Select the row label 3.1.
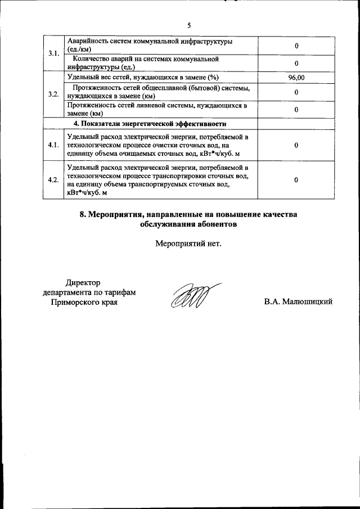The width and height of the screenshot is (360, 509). [x=54, y=54]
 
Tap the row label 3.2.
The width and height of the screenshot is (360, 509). [x=54, y=94]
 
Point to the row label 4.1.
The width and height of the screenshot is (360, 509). [x=54, y=145]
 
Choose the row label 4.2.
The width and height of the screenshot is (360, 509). [x=54, y=180]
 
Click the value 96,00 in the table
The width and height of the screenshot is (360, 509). [x=296, y=78]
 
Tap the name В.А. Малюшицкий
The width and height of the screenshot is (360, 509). [x=298, y=302]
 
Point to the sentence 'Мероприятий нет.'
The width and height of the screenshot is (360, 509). [x=188, y=244]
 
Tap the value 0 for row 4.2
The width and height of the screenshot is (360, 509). [x=296, y=180]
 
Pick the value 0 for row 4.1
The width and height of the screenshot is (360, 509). [x=296, y=145]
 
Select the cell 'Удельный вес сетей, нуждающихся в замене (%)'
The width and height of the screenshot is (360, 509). [x=142, y=78]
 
